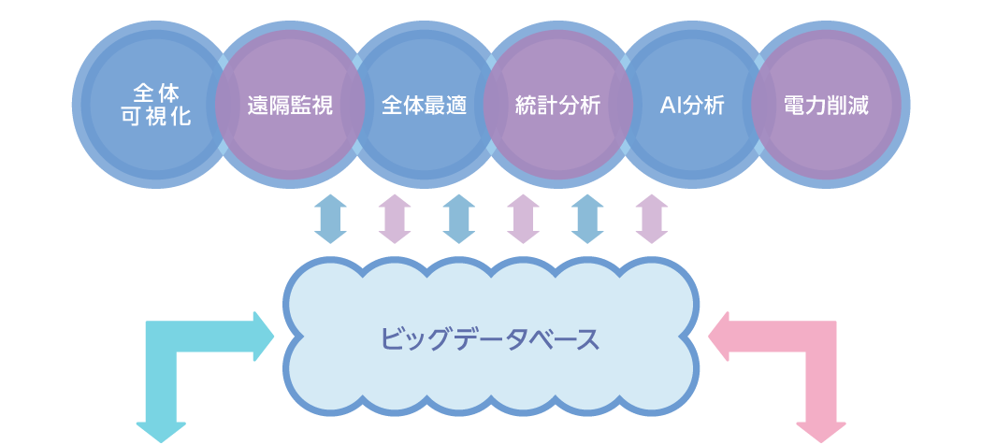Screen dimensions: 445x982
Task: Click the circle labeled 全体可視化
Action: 150,105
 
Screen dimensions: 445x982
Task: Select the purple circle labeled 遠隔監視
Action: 291,106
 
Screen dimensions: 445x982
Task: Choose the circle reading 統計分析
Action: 558,106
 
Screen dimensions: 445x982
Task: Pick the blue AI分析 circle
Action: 692,106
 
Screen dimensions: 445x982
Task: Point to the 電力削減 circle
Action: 826,106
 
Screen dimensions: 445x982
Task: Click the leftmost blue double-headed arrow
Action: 330,220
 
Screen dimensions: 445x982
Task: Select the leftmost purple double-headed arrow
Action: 395,220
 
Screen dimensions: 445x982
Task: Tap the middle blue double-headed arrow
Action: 459,220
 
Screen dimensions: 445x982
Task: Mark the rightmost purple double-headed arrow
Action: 652,220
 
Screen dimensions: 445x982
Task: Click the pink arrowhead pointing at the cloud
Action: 722,335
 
